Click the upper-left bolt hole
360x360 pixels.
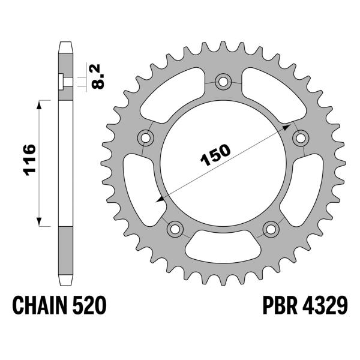(x=145, y=137)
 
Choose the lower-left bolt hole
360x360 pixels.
(x=175, y=228)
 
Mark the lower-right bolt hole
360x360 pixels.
(x=271, y=228)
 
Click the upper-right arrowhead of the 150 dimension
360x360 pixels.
(x=290, y=128)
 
